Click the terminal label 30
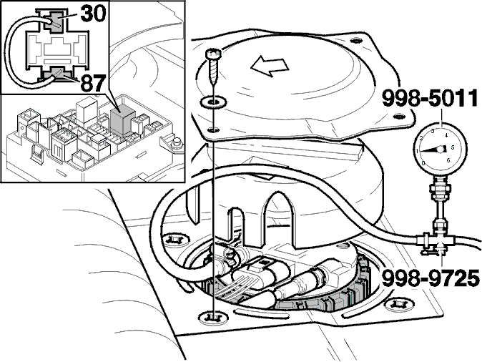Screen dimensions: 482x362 pos(93,14)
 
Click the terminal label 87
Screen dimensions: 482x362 pos(93,83)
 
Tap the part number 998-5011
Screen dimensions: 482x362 pos(430,99)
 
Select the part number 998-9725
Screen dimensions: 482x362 pos(431,278)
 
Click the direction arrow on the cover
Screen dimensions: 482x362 pos(270,66)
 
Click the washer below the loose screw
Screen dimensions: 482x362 pos(212,101)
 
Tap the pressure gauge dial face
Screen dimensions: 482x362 pos(441,150)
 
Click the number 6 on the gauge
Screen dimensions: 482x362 pos(448,160)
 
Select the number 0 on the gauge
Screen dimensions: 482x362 pos(423,163)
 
